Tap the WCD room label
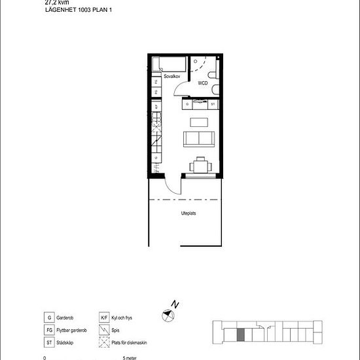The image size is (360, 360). [203, 84]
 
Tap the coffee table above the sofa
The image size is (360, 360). [198, 121]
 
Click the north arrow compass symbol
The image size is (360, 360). [170, 315]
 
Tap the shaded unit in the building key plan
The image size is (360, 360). [241, 334]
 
